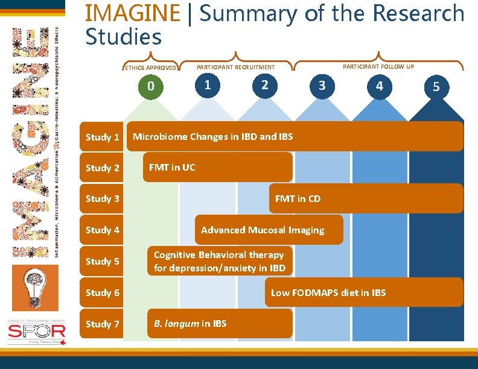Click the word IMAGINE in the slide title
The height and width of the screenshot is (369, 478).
click(133, 13)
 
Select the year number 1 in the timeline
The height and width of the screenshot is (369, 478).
click(208, 84)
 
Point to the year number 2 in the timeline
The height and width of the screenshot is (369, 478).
click(264, 84)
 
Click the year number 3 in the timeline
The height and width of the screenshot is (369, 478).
click(322, 86)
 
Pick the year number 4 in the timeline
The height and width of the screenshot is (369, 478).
click(379, 86)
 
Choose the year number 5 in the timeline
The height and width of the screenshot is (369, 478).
click(436, 87)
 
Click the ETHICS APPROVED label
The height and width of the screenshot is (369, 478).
click(150, 68)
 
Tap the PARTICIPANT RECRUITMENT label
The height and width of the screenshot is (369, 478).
click(235, 68)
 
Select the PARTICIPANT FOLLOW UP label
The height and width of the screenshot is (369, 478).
click(378, 66)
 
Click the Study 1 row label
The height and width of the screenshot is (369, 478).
click(103, 137)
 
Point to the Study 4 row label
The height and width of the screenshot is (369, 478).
click(103, 230)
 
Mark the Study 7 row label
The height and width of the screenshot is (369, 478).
click(103, 324)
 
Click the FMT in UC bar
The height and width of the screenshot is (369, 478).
click(217, 167)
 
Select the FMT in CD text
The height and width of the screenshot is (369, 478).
click(298, 198)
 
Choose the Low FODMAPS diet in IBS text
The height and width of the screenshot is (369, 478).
click(328, 292)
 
